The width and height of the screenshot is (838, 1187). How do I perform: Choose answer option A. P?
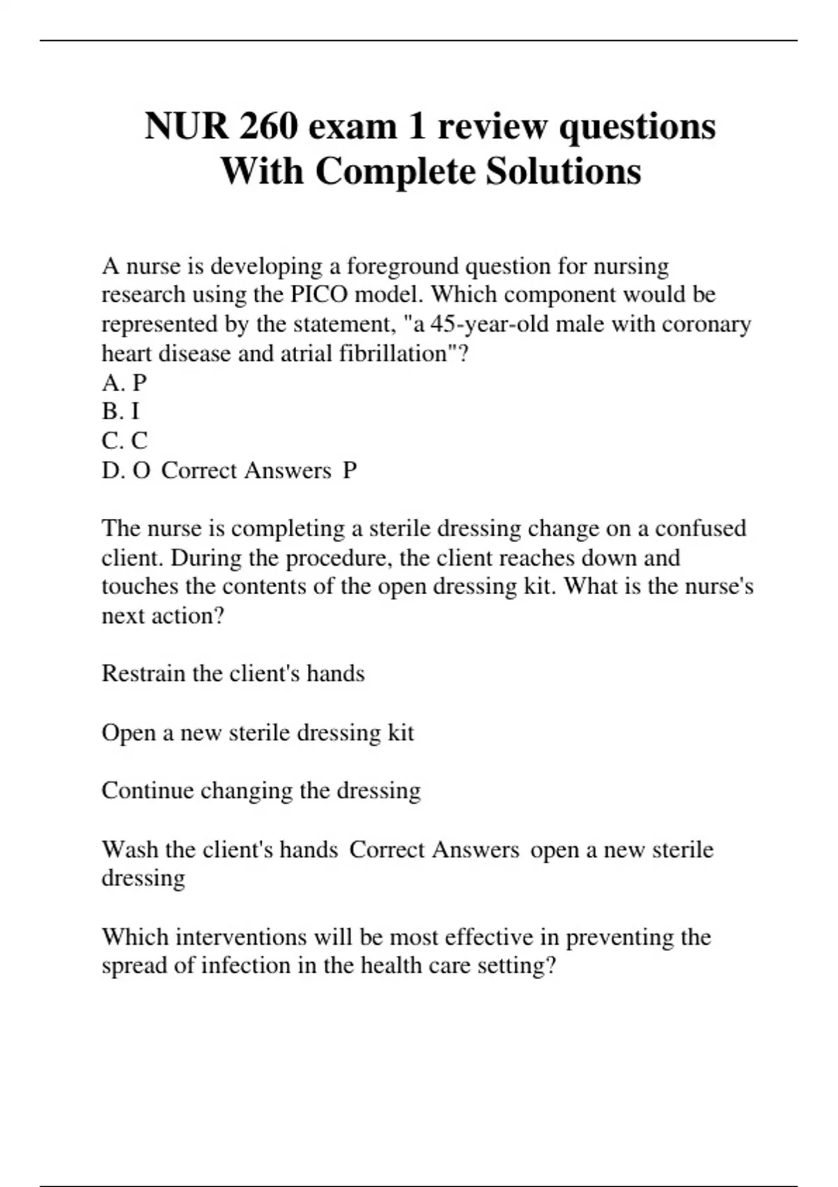(124, 383)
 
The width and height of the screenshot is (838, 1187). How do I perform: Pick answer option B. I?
(121, 412)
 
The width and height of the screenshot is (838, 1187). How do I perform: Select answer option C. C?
(124, 441)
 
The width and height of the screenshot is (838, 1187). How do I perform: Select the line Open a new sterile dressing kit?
(258, 733)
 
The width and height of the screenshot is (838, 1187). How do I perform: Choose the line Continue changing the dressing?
(261, 791)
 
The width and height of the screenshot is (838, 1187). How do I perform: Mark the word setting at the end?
(516, 966)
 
